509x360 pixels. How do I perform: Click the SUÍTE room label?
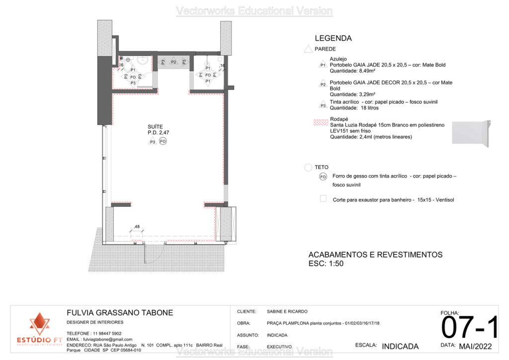tap(155, 127)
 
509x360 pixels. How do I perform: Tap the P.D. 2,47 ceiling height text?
tap(159, 133)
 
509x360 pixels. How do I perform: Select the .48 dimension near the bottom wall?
tap(136, 227)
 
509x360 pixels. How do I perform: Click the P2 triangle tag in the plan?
tap(173, 62)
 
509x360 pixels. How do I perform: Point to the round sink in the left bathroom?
tap(142, 61)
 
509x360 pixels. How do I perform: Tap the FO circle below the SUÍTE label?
tap(163, 142)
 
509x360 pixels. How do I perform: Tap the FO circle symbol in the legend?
tap(323, 177)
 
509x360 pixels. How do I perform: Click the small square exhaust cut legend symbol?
tap(323, 198)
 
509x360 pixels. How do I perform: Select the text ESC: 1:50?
tap(326, 264)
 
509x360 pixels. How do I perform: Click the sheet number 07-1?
tap(470, 329)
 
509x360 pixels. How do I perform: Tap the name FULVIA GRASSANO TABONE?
tap(120, 313)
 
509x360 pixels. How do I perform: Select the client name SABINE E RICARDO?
tap(287, 311)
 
